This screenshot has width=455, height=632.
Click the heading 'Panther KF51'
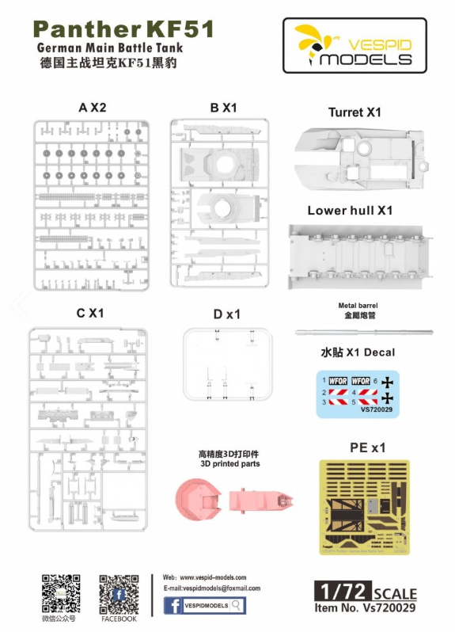[x=123, y=29]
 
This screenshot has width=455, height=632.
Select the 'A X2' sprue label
[x=93, y=108]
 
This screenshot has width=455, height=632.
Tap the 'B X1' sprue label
[x=223, y=108]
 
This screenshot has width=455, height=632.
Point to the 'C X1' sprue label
[x=90, y=313]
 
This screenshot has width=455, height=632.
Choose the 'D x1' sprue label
[x=227, y=314]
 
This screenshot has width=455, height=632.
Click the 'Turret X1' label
[x=355, y=112]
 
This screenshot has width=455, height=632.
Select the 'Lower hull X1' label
[x=350, y=211]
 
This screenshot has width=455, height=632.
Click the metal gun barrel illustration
[x=364, y=333]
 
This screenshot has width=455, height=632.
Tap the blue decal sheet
[x=358, y=394]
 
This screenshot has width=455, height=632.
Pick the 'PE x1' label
[x=368, y=447]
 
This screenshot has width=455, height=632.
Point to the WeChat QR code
[x=61, y=594]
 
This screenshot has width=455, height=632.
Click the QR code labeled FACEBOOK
[x=119, y=594]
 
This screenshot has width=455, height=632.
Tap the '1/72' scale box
[x=343, y=592]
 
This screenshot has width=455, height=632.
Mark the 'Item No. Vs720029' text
[x=365, y=607]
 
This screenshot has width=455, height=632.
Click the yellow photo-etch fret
[x=365, y=508]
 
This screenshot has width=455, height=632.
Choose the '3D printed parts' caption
[x=230, y=464]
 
